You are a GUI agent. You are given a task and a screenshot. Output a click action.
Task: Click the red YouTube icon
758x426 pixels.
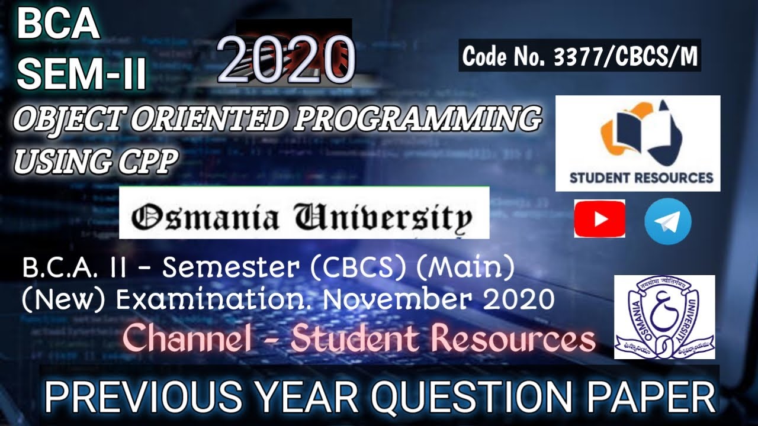(x=599, y=219)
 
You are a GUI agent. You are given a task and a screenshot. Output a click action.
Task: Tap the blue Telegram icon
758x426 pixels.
(x=667, y=221)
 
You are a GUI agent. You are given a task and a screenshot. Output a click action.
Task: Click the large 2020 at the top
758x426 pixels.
(x=287, y=59)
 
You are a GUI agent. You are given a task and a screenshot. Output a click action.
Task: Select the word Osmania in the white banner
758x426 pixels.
(x=205, y=218)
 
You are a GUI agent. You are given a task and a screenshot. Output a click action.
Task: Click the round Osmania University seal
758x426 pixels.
(x=664, y=317)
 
